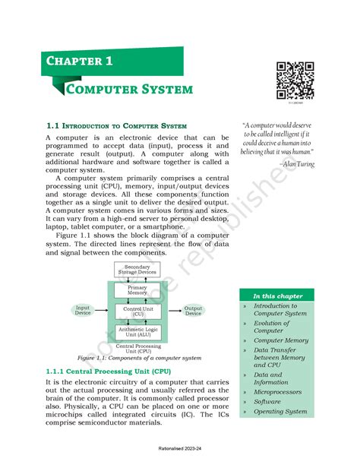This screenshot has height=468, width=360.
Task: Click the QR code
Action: point(295,79)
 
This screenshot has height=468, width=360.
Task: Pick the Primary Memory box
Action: point(137,291)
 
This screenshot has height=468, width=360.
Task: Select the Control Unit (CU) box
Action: point(137,311)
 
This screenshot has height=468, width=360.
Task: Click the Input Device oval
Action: point(83,311)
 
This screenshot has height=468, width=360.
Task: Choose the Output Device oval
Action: point(193,311)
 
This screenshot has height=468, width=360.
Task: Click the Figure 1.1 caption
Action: point(137,357)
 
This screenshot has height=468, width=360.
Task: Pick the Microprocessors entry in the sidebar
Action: point(278,392)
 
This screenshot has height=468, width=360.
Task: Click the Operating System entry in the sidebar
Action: point(280,412)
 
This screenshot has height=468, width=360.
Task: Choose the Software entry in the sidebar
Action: point(267,402)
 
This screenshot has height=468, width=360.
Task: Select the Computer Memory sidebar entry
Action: point(281,340)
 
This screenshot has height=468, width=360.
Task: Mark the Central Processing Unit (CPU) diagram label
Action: point(137,348)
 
